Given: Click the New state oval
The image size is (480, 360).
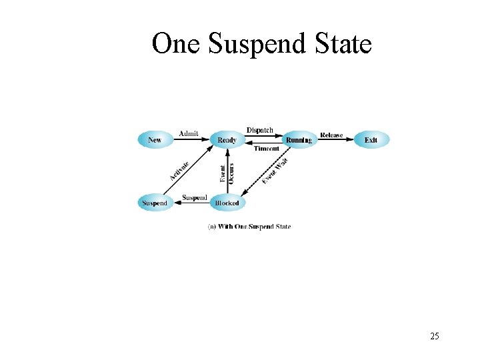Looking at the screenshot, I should pos(155,140).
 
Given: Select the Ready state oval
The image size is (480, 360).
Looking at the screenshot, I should pos(227,140).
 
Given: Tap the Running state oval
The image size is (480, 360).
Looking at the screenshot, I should pos(298,140).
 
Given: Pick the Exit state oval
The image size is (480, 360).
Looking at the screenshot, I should pos(371,140).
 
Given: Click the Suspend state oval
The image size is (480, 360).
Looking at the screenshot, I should pos(155,203).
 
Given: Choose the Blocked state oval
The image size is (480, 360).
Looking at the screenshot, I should pos(227,203).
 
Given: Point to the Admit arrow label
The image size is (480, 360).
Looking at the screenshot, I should pos(189,134).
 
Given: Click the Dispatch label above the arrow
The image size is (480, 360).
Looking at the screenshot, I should pos(260,130).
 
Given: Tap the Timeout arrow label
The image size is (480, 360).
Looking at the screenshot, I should pos(267,149).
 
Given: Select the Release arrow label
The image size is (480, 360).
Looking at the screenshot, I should pos(331,135).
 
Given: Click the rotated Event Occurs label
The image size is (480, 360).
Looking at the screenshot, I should pos(227,173).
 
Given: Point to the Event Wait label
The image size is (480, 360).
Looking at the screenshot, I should pos(275,171).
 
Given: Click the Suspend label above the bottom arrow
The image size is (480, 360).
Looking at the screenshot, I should pos(194,198).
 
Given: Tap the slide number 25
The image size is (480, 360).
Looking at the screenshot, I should pos(435,336).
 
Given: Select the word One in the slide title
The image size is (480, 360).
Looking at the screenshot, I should pos(177,45).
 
